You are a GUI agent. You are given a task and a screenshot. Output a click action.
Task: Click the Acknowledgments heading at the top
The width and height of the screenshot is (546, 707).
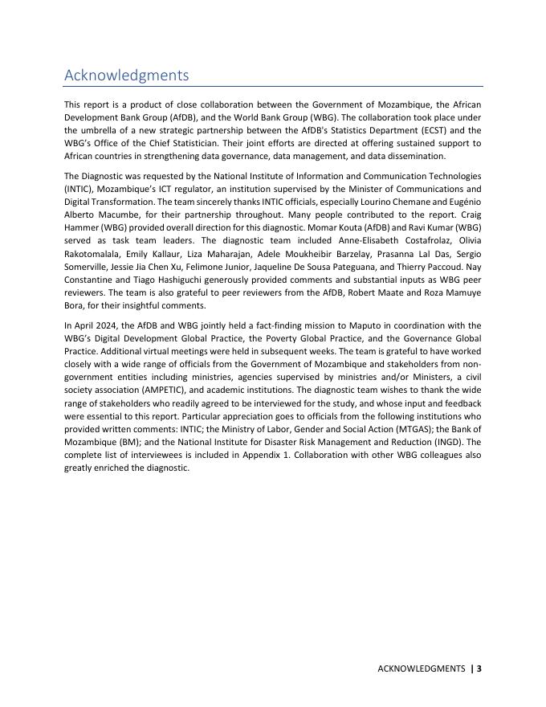(126, 76)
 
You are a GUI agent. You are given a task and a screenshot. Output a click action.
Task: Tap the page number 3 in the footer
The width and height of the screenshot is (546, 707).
(479, 668)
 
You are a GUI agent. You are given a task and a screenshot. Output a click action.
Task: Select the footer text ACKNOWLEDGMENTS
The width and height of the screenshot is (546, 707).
(422, 668)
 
